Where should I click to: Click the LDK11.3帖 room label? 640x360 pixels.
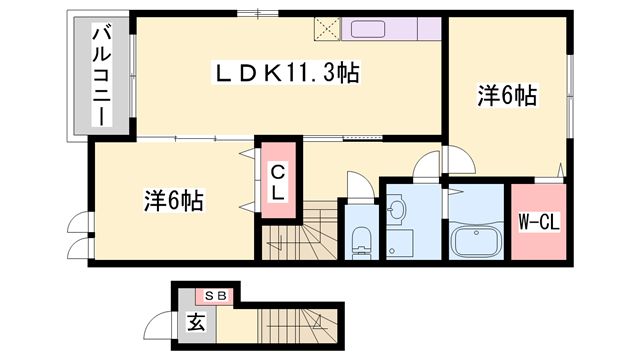coord(286,73)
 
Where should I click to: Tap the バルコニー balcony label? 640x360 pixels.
coord(102,75)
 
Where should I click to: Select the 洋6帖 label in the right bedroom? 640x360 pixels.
coord(507,96)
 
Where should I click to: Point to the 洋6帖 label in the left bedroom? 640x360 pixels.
coord(174,200)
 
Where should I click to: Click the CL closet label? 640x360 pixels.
coord(278,182)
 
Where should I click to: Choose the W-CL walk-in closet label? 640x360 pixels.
coord(539,222)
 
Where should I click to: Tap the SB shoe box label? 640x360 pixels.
coord(215,296)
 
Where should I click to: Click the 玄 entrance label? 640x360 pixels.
coord(196,323)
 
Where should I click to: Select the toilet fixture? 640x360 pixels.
coord(361,242)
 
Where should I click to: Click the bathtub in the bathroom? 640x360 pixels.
coord(476,242)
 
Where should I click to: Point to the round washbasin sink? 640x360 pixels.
coord(396,209)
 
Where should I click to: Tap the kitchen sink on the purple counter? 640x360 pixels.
coord(368,29)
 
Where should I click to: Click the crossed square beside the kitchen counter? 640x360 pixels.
coord(327,29)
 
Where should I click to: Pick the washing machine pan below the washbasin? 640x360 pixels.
coord(400,243)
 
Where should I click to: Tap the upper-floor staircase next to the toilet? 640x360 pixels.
coord(299,231)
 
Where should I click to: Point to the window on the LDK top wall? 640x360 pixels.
coord(258,13)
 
